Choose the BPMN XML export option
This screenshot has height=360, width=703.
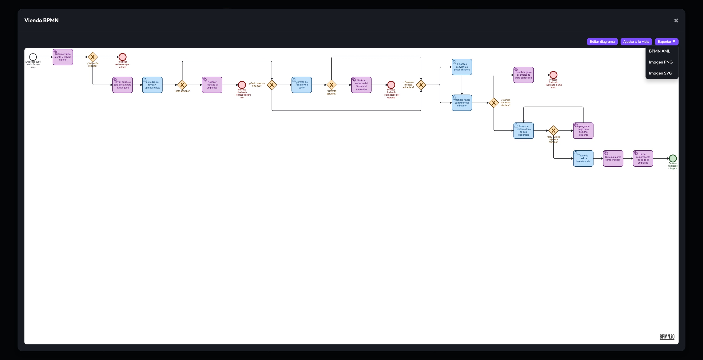coord(659,51)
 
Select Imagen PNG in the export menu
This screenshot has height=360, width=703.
coord(660,62)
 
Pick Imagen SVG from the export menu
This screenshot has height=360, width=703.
coord(660,73)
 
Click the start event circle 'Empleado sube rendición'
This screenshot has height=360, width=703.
coord(33,57)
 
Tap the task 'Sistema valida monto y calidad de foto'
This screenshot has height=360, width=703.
coord(63,57)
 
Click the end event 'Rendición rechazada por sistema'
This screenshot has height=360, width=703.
coord(122,57)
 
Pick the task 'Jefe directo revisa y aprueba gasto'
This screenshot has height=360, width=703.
coord(152,85)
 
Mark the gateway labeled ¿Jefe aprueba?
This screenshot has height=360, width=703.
coord(182,85)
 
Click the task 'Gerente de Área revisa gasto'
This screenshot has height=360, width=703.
coord(302,85)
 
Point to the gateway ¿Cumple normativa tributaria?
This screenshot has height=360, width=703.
coord(494,103)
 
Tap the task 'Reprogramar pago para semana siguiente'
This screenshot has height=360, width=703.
coord(583,131)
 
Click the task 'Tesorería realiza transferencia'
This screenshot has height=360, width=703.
coord(583,159)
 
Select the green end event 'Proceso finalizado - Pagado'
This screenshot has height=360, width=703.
coord(673,159)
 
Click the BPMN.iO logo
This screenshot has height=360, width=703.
coord(667,337)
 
